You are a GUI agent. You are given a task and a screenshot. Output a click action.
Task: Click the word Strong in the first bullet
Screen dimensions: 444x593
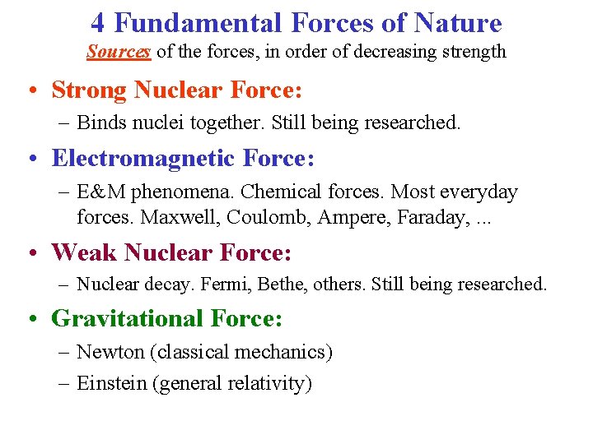point(89,89)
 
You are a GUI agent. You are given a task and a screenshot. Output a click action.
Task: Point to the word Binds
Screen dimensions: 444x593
point(99,123)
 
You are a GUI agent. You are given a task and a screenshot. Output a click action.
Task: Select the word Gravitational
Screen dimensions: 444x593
point(127,319)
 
